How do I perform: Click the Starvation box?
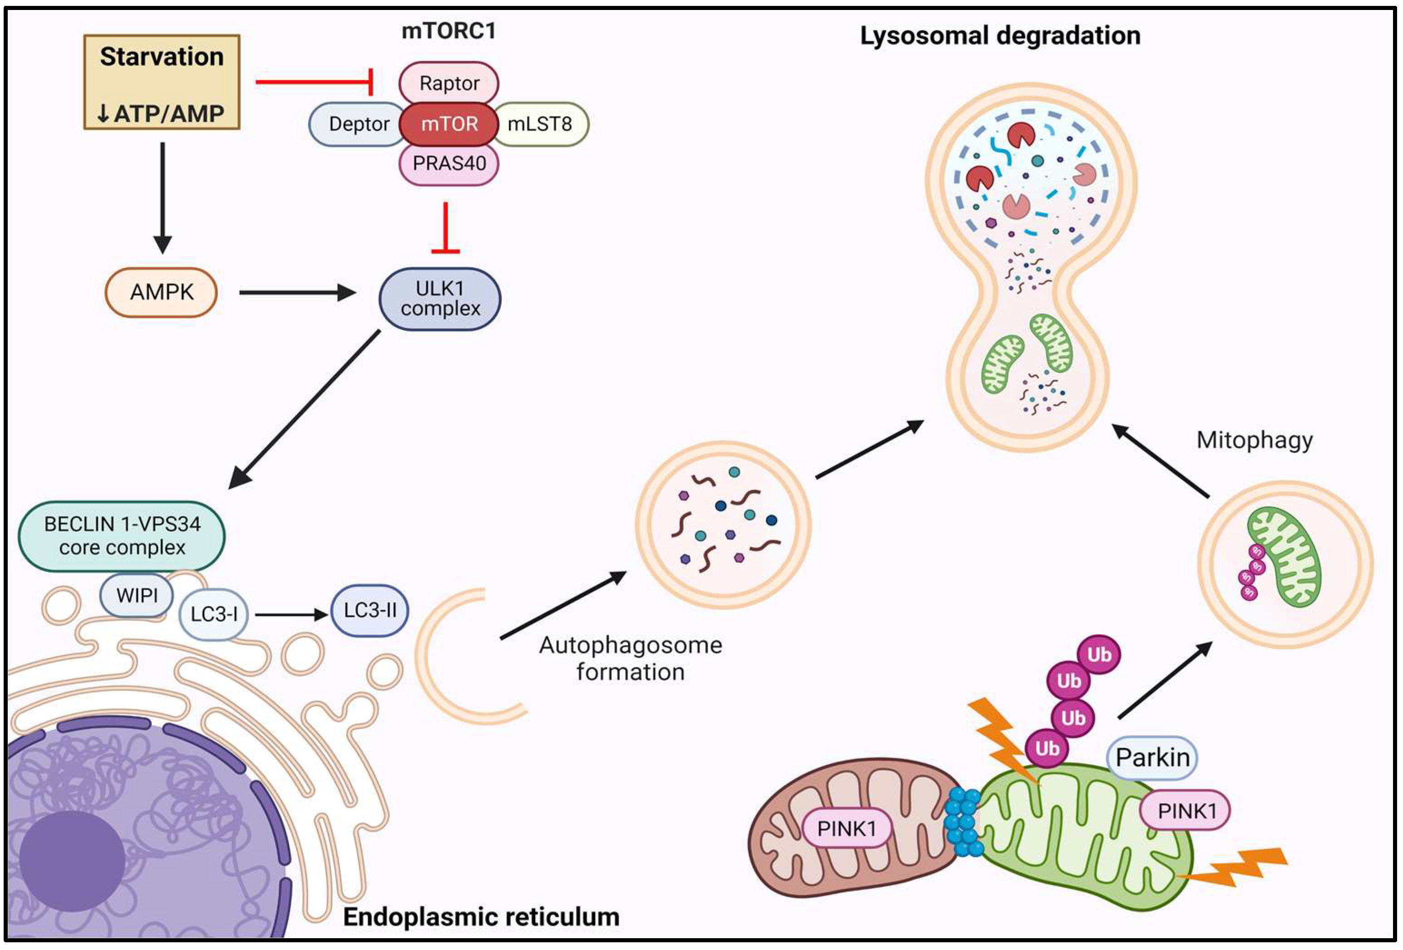(x=161, y=82)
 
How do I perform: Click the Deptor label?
(x=358, y=124)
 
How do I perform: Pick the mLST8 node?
(x=540, y=124)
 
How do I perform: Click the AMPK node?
(x=161, y=292)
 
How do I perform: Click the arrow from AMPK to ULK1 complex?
(x=296, y=293)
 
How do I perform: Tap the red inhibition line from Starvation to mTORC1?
(x=314, y=81)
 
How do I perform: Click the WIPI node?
(x=137, y=595)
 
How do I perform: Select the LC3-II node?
(x=370, y=610)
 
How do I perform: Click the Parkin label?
(x=1152, y=757)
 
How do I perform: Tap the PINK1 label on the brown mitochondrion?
(x=846, y=829)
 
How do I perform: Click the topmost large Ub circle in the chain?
(x=1099, y=654)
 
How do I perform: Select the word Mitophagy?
(x=1254, y=440)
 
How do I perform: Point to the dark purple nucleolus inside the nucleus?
(x=72, y=860)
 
